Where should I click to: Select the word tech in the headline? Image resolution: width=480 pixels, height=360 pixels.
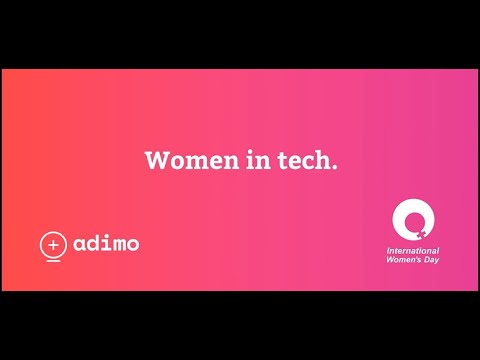pos(296,160)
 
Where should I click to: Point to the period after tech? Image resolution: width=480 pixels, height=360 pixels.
pos(334,166)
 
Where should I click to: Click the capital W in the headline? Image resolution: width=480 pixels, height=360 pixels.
pos(156,160)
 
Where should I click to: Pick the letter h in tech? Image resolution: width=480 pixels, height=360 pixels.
pos(322,160)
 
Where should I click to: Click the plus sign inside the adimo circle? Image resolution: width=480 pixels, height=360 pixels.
pos(53,243)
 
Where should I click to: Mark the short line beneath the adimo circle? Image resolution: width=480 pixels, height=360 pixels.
pos(53,260)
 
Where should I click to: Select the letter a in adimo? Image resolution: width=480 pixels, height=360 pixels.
pos(80,244)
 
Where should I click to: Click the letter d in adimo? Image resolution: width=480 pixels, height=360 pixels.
pos(94,242)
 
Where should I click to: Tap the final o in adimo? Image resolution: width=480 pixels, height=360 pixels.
pos(132,244)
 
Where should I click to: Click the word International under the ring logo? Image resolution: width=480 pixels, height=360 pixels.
pos(413,250)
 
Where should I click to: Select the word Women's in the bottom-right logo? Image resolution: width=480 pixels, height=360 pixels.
pos(405,259)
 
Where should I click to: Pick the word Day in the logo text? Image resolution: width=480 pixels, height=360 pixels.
pos(431,259)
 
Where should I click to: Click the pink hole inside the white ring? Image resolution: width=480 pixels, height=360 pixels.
pos(410,217)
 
